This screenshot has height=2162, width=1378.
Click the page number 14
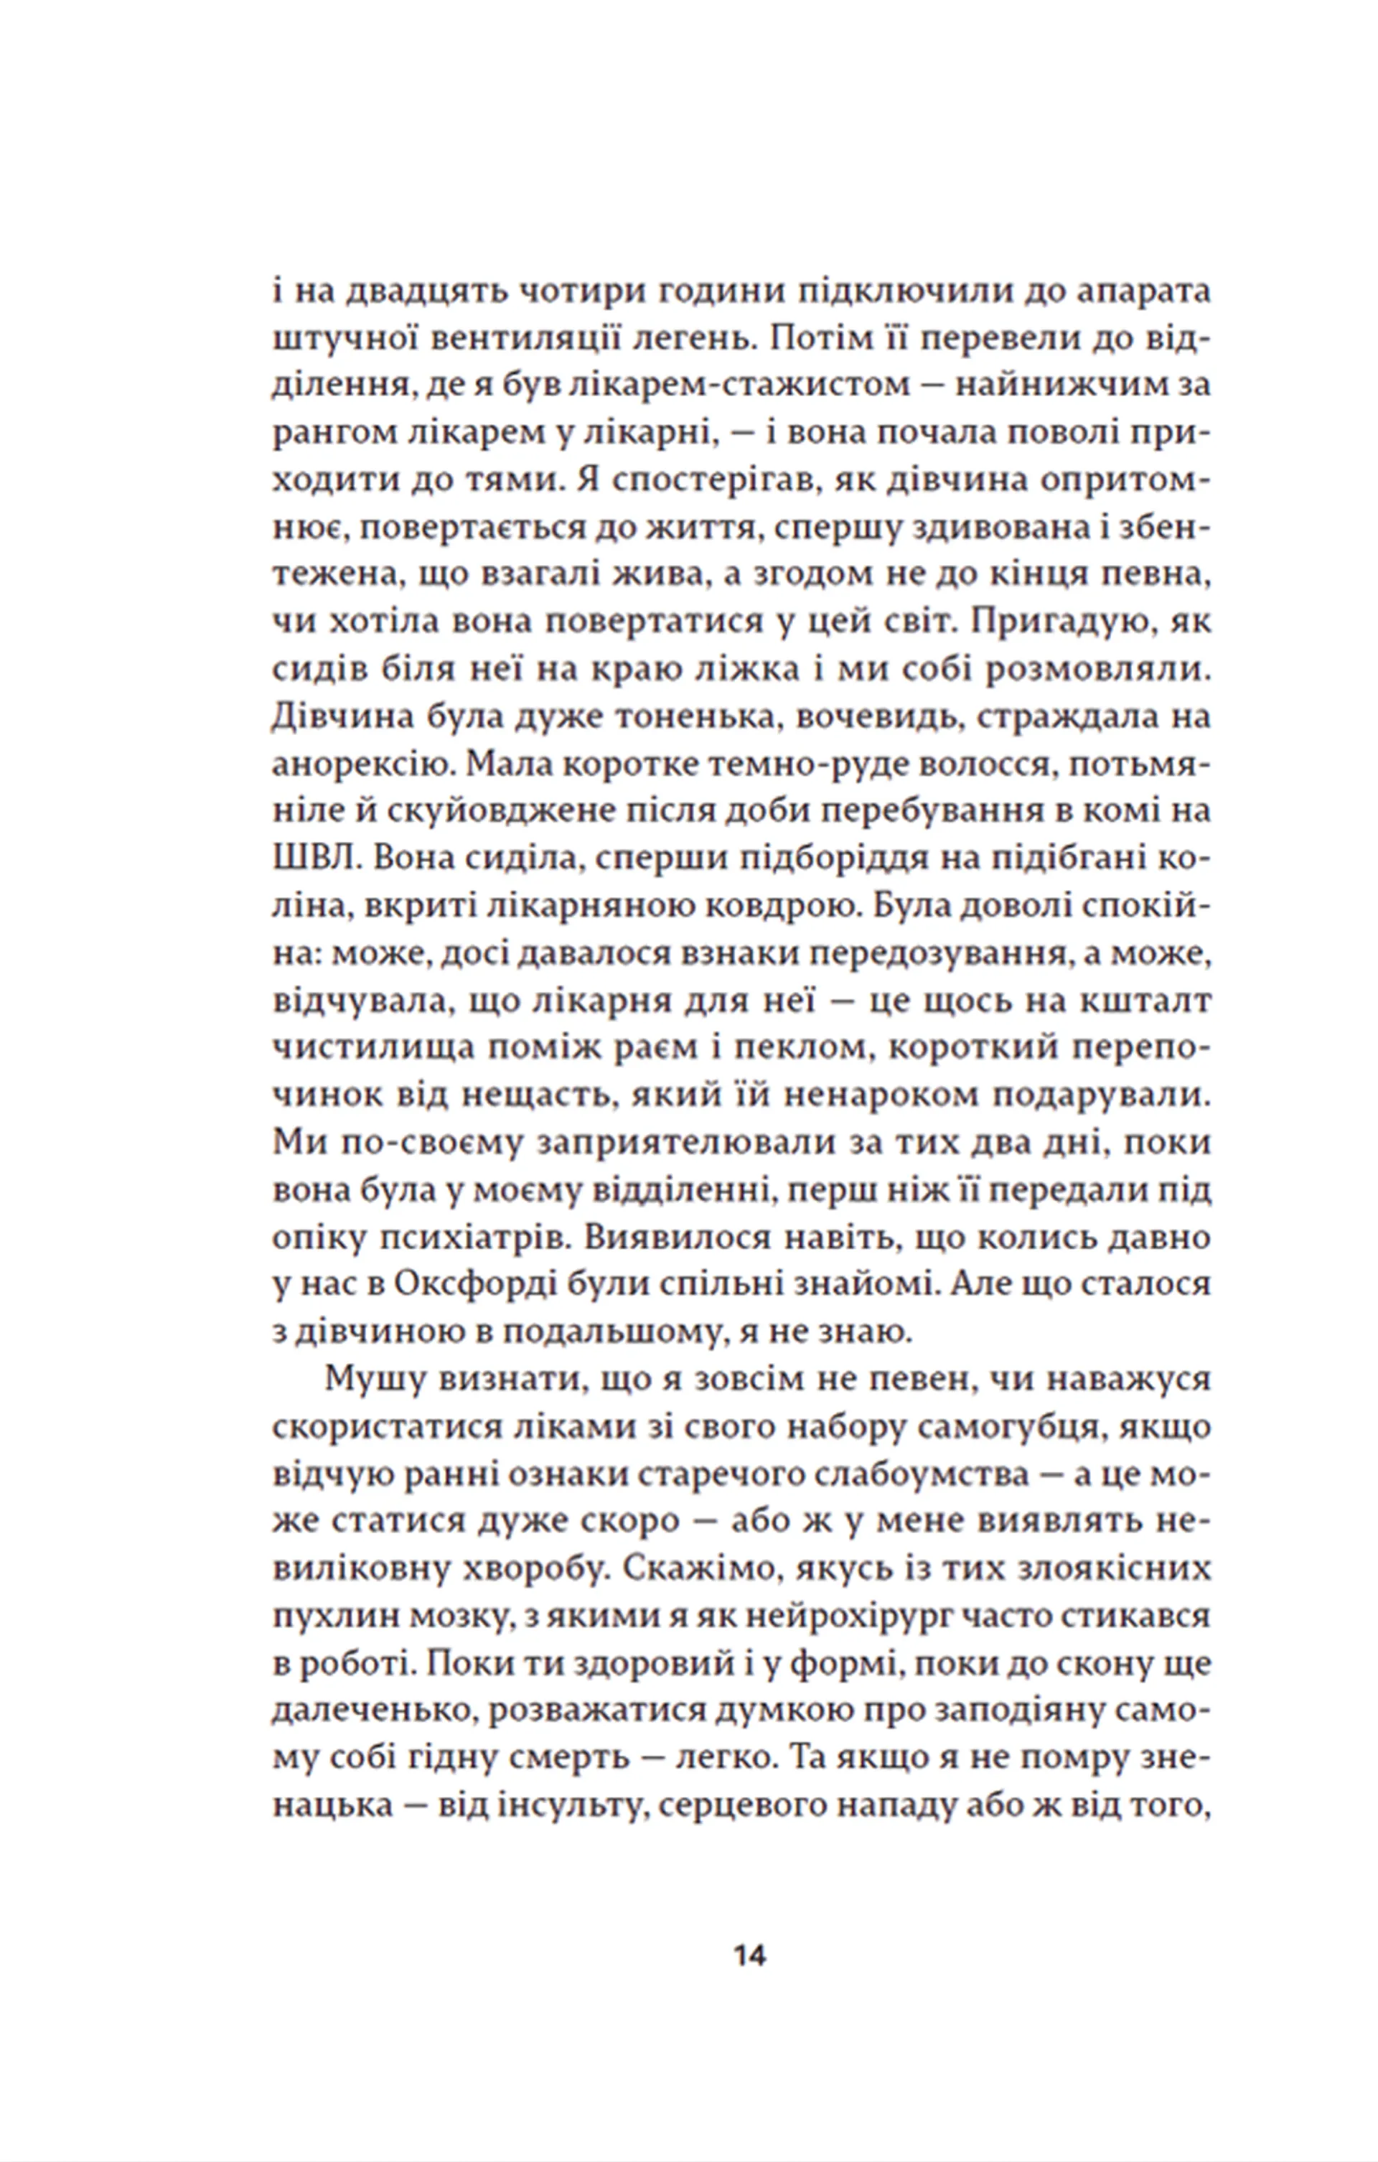point(749,1955)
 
